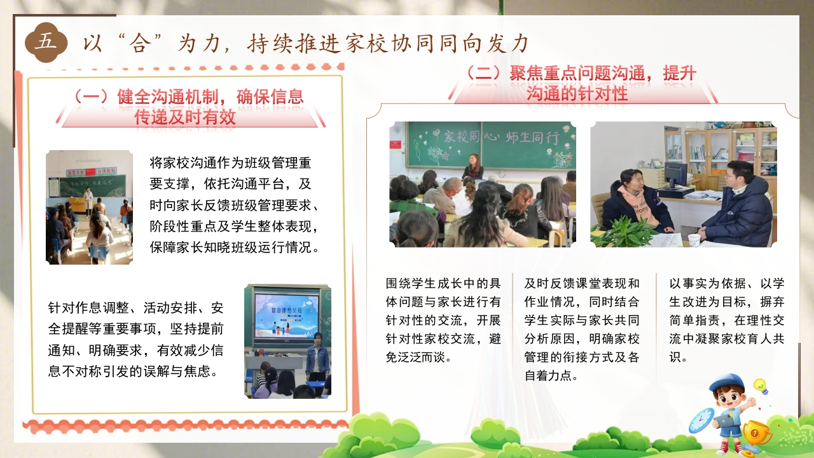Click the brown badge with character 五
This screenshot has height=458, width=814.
(x=46, y=42)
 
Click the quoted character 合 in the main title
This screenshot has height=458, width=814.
(x=140, y=44)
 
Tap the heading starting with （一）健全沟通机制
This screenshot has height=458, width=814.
(x=189, y=107)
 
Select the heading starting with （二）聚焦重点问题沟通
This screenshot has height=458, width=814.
(x=581, y=83)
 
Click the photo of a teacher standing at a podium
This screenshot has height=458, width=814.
(x=89, y=207)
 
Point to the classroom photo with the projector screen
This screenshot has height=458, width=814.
(x=287, y=341)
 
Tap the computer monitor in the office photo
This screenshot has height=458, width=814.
(x=675, y=176)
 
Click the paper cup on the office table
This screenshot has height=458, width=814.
(x=694, y=240)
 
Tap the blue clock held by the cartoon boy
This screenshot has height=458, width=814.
(x=701, y=420)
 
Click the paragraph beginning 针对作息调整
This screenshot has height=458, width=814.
(x=136, y=340)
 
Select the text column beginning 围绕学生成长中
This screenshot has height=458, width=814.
(x=443, y=320)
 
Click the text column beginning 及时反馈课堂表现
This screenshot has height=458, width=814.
(x=582, y=329)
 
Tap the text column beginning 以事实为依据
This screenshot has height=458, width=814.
(x=727, y=320)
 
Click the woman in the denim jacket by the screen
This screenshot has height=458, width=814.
(x=318, y=357)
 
